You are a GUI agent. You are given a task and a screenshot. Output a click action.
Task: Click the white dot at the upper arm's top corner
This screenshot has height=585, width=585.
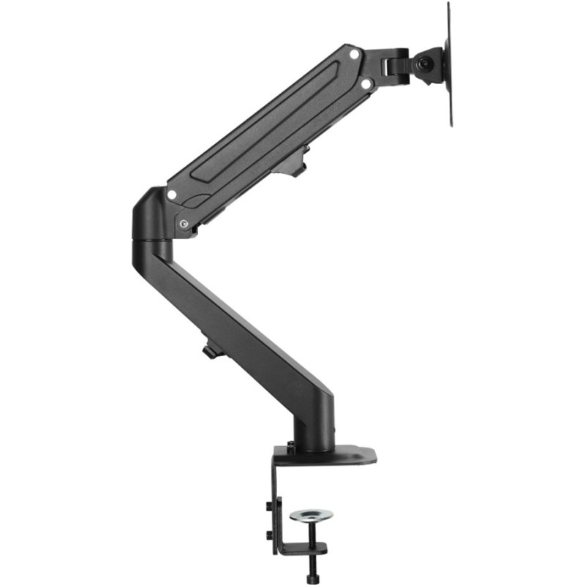(x=355, y=53)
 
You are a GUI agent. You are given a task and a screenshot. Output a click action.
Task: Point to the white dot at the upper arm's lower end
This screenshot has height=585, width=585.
(x=172, y=195)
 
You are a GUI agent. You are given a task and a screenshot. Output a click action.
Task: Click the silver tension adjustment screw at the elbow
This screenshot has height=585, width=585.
(x=183, y=224)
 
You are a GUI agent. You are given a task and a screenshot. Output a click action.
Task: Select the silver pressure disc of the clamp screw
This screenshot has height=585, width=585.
(x=311, y=516)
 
